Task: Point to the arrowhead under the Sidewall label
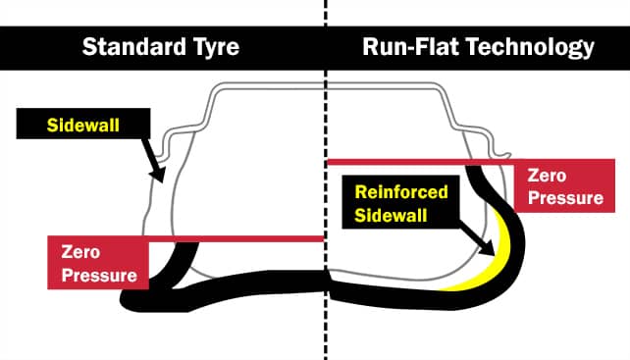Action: point(154,175)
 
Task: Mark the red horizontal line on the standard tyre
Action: point(236,238)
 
